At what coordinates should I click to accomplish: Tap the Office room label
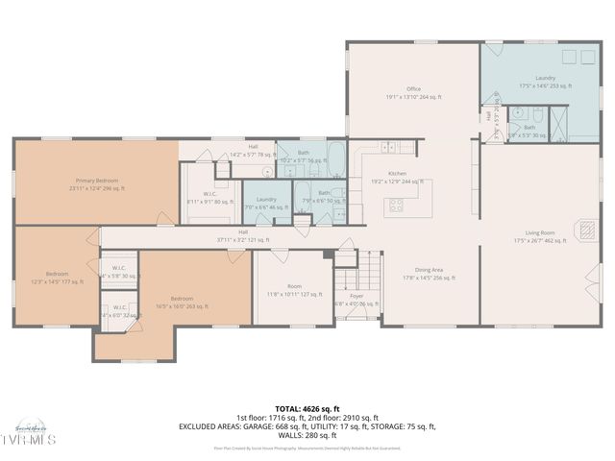click(413, 92)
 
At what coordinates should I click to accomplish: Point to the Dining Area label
click(429, 274)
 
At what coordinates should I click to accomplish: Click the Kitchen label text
click(398, 177)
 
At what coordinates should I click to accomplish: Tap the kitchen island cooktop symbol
click(396, 204)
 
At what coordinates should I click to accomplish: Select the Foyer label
click(356, 300)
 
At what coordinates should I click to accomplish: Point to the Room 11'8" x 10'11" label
click(294, 291)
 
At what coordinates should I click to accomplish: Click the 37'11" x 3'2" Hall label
click(243, 236)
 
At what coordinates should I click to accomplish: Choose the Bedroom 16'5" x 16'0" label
click(182, 303)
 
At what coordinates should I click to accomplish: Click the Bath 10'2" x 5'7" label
click(303, 157)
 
